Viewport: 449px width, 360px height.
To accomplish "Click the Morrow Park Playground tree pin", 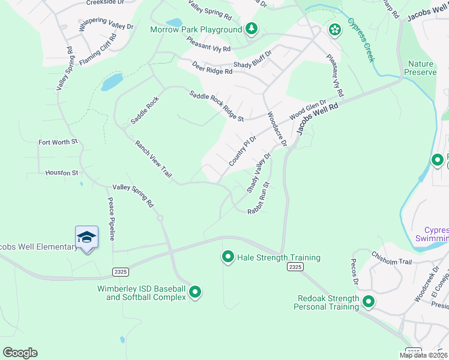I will click(252, 29).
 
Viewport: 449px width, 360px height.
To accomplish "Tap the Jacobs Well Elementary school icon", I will click(86, 238).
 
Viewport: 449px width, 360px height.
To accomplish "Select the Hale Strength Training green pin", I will click(228, 257).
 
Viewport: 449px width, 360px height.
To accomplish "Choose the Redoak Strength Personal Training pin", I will click(368, 302).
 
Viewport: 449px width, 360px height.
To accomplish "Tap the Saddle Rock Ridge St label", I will click(216, 106).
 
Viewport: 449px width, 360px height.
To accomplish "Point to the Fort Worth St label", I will click(58, 142).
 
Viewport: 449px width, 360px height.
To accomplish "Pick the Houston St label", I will click(62, 173).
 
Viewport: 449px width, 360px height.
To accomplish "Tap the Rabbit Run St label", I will click(260, 198).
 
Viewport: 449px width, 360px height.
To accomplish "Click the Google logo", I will click(20, 353).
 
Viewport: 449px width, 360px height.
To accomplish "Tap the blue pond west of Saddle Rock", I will click(112, 82).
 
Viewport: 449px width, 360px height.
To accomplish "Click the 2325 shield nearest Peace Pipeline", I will click(121, 272).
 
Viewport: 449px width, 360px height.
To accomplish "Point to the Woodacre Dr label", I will click(277, 128).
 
